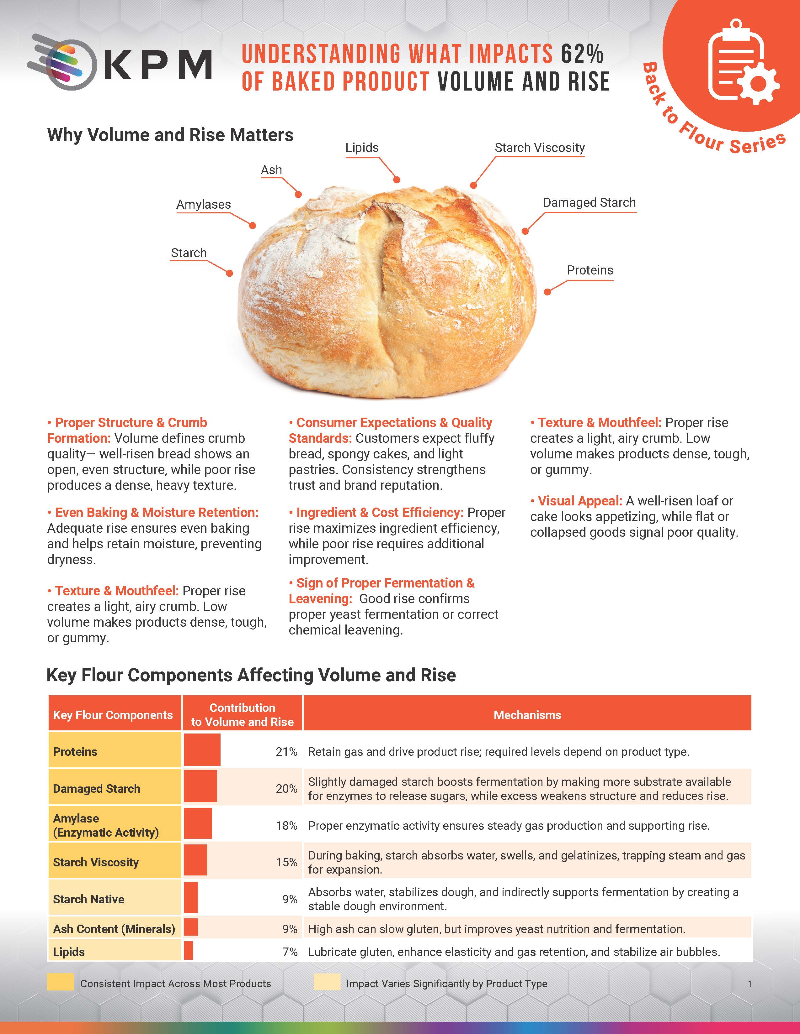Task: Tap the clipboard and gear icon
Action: point(742,64)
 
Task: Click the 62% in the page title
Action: point(582,54)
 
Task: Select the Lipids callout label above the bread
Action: point(362,148)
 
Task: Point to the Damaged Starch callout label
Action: point(589,203)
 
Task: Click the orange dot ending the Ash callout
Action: point(298,194)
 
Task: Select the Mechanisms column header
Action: point(527,715)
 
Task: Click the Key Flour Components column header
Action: point(113,715)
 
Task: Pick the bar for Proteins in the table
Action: point(202,749)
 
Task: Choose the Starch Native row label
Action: point(88,899)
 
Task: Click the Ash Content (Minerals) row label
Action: point(114,929)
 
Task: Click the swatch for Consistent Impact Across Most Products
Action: point(60,982)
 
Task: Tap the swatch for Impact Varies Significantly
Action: point(327,982)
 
